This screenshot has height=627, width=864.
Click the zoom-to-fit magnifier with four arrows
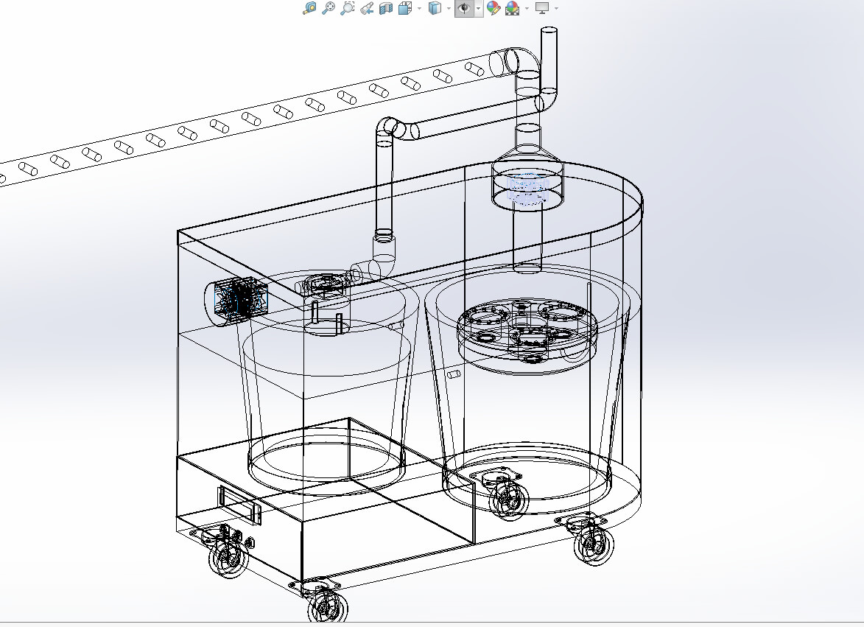[x=310, y=8]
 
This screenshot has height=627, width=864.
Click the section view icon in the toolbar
[x=385, y=8]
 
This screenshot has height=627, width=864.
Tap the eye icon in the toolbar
[x=464, y=8]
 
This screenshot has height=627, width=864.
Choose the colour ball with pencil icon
[x=494, y=8]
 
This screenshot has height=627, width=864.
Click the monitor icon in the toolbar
[x=542, y=8]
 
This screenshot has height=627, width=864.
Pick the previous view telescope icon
[x=367, y=8]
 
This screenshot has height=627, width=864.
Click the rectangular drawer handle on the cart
[x=239, y=505]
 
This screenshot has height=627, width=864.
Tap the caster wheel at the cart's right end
[x=592, y=544]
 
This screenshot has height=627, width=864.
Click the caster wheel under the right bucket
[x=508, y=499]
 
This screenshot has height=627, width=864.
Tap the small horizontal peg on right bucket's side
[x=454, y=375]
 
